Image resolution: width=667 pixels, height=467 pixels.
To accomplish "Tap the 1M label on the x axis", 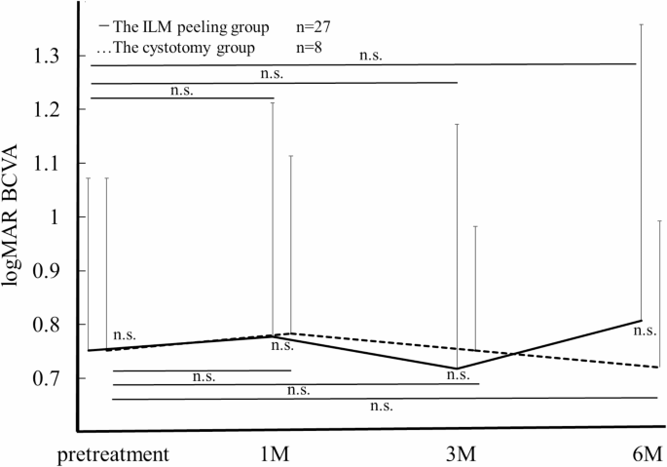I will pos(274,453).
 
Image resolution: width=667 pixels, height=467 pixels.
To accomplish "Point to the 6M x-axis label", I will pos(645,453).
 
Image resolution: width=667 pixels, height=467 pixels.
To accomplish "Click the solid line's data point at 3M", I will pos(456,369).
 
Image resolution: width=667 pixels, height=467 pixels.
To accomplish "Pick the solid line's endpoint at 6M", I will pos(641,320).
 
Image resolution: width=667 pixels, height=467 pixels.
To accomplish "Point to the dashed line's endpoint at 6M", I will pos(659,368).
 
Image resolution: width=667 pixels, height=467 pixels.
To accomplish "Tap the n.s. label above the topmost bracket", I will pos(370,56).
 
